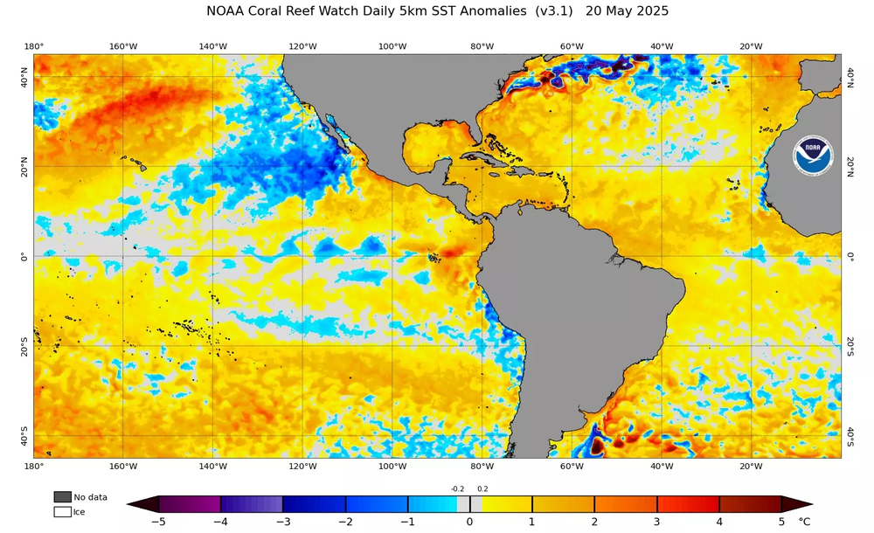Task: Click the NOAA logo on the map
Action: click(812, 154)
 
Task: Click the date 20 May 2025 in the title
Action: click(627, 11)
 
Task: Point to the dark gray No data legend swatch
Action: click(62, 497)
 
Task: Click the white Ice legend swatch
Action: click(62, 512)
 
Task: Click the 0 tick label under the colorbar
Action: click(469, 523)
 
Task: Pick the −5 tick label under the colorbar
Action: click(158, 523)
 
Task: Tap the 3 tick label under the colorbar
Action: click(656, 523)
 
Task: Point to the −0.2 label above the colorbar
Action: click(457, 489)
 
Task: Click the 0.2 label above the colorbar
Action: click(482, 489)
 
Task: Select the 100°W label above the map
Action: click(392, 46)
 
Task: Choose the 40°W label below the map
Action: click(662, 466)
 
